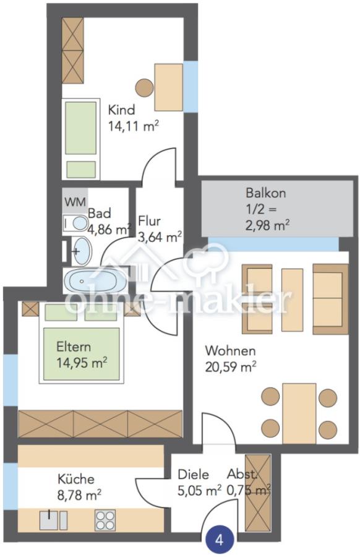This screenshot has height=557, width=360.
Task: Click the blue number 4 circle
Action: point(220,540)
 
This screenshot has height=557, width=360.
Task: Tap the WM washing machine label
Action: point(75,202)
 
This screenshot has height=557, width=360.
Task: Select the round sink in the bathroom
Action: point(82,251)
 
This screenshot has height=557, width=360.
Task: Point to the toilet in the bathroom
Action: point(75,223)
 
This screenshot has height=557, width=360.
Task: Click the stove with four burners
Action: point(105,520)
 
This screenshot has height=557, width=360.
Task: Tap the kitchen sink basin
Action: point(49,520)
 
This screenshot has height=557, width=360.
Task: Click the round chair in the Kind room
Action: point(145,87)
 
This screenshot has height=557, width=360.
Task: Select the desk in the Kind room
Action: point(169,87)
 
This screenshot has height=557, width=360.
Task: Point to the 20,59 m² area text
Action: point(231,366)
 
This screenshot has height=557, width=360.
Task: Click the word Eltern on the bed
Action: point(74,347)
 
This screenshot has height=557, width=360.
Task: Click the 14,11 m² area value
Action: point(133,126)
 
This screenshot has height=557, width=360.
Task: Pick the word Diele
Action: point(193,474)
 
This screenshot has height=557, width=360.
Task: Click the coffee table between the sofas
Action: point(292,300)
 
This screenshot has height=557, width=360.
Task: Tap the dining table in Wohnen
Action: point(299,413)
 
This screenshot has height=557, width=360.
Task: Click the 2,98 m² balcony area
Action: point(267,225)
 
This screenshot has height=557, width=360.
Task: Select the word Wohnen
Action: point(230,351)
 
